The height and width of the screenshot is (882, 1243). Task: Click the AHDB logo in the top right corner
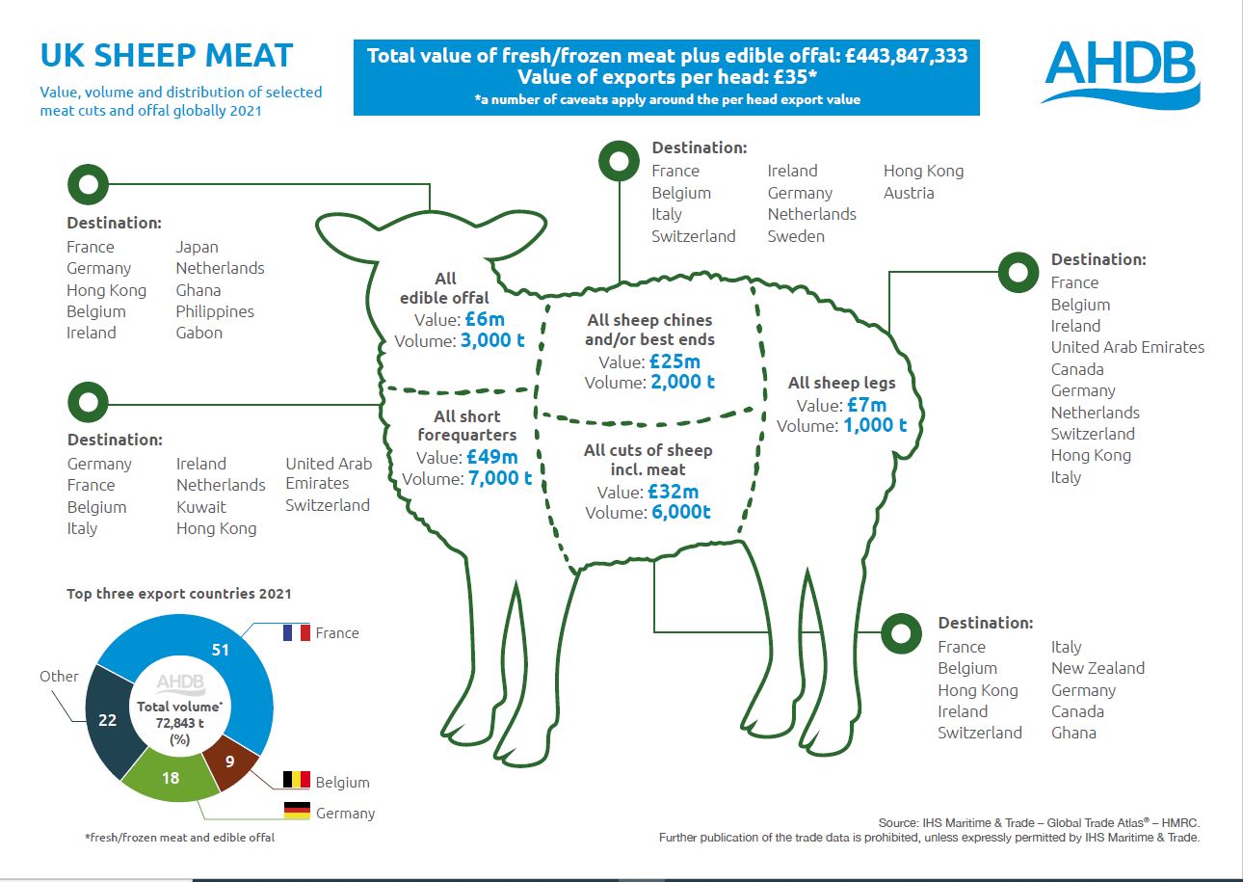point(1120,72)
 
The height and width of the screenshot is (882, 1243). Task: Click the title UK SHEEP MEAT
point(167,55)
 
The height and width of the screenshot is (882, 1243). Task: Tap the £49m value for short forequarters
point(491,456)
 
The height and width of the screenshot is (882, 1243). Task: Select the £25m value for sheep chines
point(674,361)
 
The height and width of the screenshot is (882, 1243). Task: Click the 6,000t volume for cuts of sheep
point(681,512)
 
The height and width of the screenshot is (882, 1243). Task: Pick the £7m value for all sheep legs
point(867,405)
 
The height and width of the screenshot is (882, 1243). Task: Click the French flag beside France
point(296,633)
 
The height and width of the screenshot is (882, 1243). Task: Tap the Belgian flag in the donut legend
point(296,780)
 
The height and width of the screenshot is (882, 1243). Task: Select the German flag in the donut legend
point(296,811)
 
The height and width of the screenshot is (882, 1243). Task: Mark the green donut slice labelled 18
point(171,777)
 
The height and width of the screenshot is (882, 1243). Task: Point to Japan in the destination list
point(197,247)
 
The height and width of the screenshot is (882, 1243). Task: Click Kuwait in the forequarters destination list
point(200,506)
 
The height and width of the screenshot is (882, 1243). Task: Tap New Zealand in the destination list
point(1098,668)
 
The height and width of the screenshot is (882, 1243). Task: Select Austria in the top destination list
point(909,193)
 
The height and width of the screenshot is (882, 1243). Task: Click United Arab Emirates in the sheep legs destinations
point(1127,347)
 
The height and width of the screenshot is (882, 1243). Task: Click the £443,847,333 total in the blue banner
point(906,56)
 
